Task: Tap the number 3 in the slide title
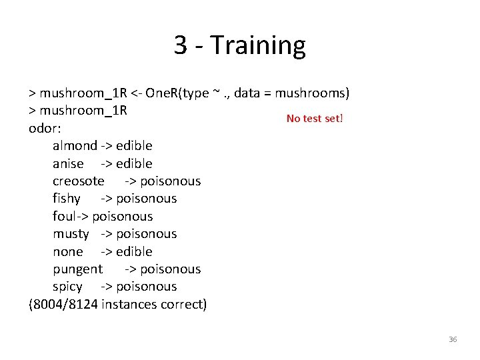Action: (181, 46)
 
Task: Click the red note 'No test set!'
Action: (315, 119)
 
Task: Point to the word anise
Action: (68, 163)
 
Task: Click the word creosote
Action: (79, 181)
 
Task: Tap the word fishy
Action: (67, 199)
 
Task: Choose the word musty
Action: (71, 234)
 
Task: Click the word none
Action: (68, 251)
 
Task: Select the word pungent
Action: (78, 269)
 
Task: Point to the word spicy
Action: (67, 287)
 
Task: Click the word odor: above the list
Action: (45, 128)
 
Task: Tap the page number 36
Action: (453, 339)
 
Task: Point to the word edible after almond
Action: (134, 146)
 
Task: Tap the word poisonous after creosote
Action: (170, 181)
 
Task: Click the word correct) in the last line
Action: (183, 305)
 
